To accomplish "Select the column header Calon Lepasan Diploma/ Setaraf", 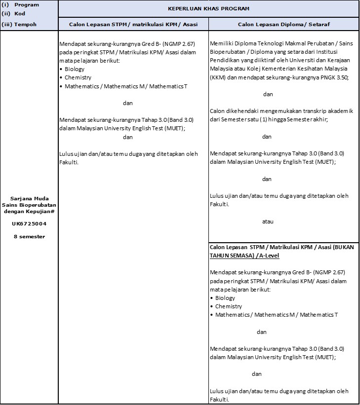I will point(283,24).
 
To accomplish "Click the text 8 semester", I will point(29,236).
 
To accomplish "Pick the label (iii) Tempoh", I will point(19,24).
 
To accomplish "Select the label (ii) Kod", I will point(13,14).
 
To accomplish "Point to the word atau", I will point(267,221).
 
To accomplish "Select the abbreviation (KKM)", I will point(218,78).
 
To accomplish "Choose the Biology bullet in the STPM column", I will point(75,69).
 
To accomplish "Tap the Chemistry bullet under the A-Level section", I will point(228,306).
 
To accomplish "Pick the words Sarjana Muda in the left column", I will point(29,198).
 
